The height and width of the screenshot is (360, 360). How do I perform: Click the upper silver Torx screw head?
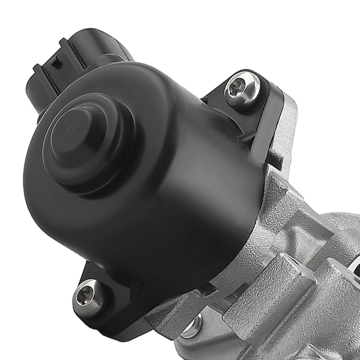pyautogui.click(x=242, y=88)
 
